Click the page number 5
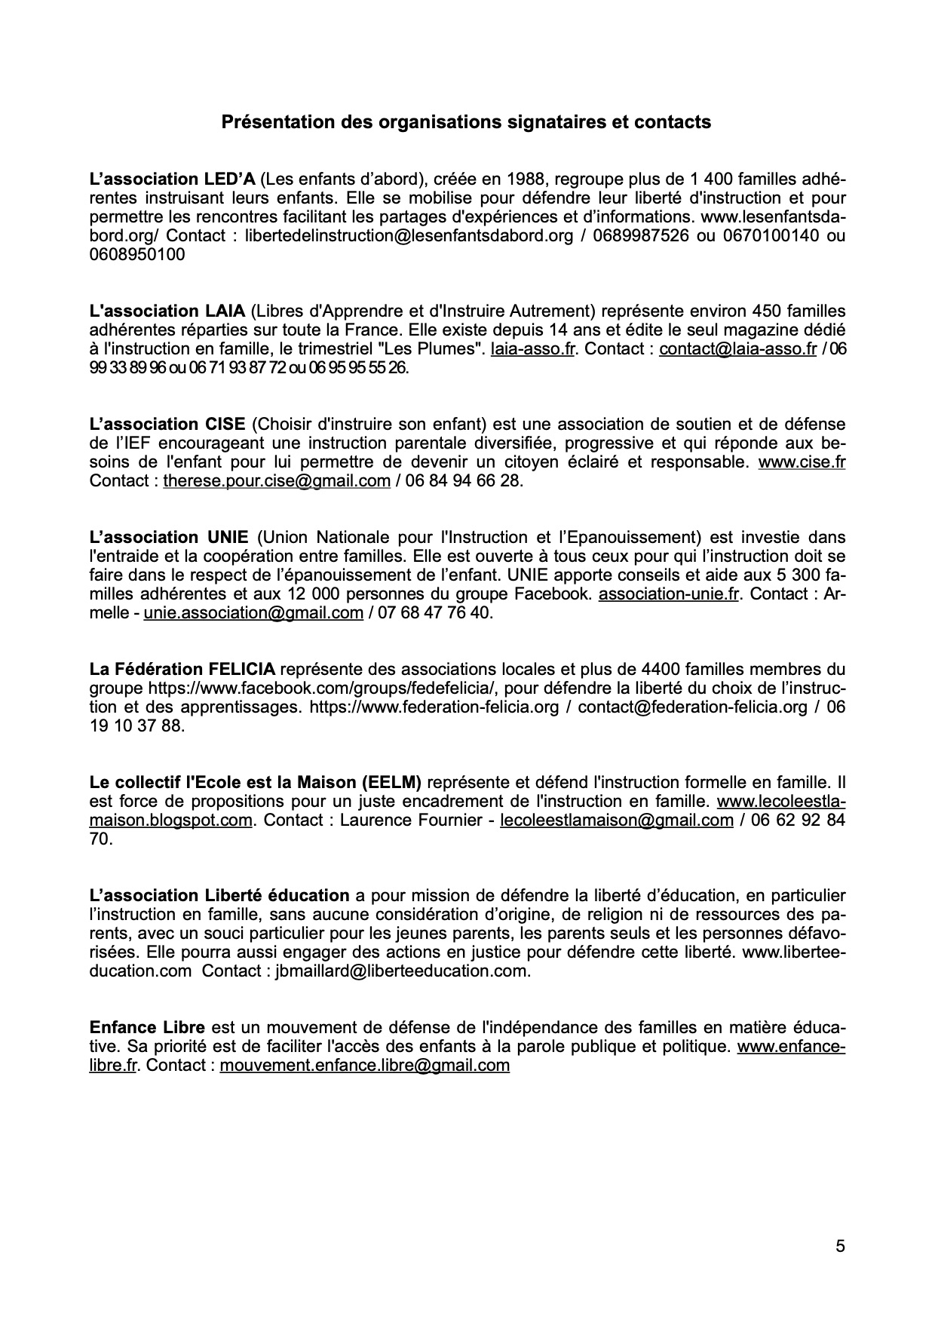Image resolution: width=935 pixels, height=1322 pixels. pyautogui.click(x=840, y=1247)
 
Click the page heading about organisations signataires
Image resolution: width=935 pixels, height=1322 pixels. pyautogui.click(x=466, y=121)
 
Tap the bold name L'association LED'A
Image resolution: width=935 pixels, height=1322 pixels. pyautogui.click(x=173, y=179)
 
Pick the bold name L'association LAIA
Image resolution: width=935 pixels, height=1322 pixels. pyautogui.click(x=167, y=311)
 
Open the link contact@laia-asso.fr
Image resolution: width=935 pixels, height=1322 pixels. pyautogui.click(x=737, y=349)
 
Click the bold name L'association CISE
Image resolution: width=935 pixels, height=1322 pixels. pyautogui.click(x=167, y=425)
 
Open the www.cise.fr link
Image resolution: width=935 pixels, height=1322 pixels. pyautogui.click(x=801, y=462)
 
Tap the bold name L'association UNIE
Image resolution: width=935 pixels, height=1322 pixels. pyautogui.click(x=168, y=538)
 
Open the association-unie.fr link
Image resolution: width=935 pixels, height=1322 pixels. pyautogui.click(x=668, y=594)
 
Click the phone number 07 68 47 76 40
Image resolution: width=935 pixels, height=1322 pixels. pyautogui.click(x=429, y=613)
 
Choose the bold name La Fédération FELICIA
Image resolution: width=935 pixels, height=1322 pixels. pyautogui.click(x=182, y=669)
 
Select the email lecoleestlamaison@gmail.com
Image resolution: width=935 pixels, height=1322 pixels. pyautogui.click(x=616, y=820)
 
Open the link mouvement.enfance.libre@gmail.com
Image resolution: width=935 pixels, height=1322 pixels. pyautogui.click(x=364, y=1066)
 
